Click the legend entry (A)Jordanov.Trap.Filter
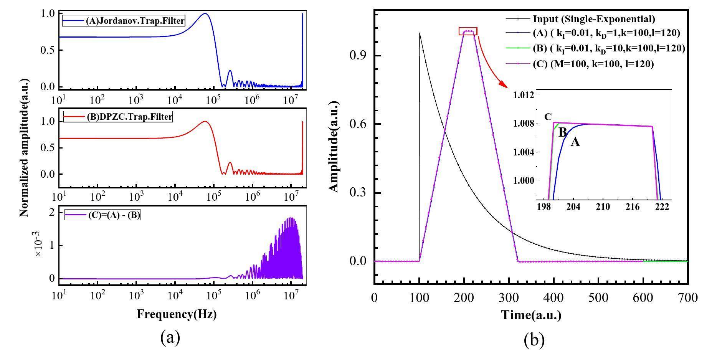tap(124, 21)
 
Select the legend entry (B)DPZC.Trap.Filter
tap(118, 117)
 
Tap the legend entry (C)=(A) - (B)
tap(103, 215)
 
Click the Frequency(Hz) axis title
tap(177, 314)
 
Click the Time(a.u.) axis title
tap(531, 315)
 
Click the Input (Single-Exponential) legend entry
tap(594, 19)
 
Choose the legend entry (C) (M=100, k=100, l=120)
tap(593, 64)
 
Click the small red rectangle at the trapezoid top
tap(468, 31)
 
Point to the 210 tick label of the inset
tap(603, 206)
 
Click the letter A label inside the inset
tap(575, 142)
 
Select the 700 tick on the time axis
tap(687, 298)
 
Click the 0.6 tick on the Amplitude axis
tap(357, 124)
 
